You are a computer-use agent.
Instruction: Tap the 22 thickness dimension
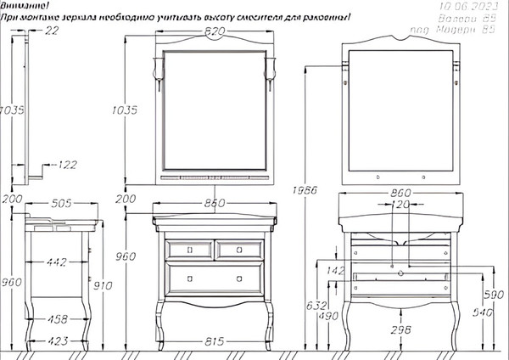point(53,31)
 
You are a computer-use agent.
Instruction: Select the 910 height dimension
point(103,286)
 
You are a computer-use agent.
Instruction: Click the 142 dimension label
point(336,272)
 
